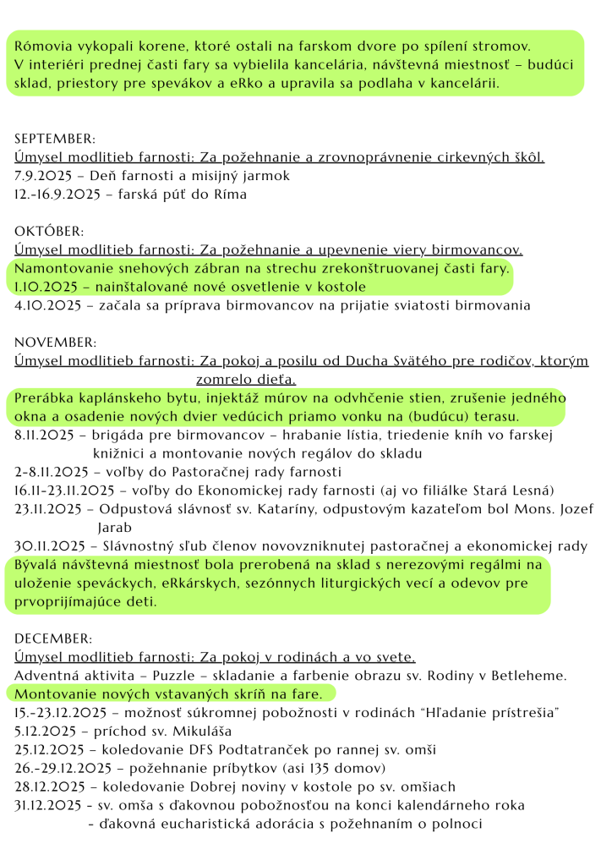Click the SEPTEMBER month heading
[x=55, y=139]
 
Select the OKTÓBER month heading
[x=50, y=231]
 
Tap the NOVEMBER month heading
[x=56, y=343]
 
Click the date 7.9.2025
[x=43, y=176]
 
